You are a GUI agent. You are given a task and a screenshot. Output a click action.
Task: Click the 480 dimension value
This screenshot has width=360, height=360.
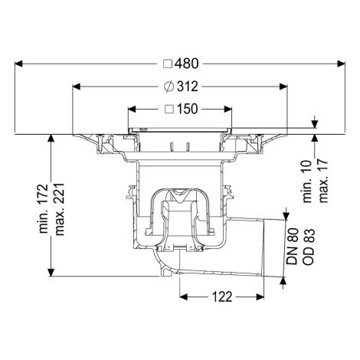[x=186, y=64]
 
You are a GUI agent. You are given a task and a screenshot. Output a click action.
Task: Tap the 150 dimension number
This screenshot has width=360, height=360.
[x=187, y=109]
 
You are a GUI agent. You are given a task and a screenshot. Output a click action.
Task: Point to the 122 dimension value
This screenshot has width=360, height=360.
[x=222, y=296]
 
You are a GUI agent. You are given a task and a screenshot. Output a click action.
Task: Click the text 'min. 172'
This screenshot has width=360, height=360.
[x=44, y=208]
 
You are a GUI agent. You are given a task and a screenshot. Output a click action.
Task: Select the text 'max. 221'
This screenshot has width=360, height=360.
[x=60, y=209]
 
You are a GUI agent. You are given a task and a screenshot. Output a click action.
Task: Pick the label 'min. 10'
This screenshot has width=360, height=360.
[x=307, y=182]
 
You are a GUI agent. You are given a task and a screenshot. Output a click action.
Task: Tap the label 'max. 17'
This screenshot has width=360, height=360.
[x=323, y=181]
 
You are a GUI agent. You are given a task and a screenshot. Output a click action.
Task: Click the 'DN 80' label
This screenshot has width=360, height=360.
[x=293, y=246]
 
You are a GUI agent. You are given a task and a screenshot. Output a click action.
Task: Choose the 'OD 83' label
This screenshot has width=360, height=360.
[x=309, y=247]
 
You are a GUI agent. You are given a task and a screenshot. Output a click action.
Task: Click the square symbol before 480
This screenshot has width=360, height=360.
[x=168, y=64]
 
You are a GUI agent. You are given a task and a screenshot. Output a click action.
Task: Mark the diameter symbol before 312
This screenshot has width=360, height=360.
[x=169, y=87]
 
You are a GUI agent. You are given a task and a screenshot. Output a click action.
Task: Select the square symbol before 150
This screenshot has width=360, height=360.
[x=169, y=110]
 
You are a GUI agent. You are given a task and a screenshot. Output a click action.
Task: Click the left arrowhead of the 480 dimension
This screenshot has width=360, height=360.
[x=18, y=64]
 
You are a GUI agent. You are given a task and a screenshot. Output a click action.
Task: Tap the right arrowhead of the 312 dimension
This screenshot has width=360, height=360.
[x=283, y=87]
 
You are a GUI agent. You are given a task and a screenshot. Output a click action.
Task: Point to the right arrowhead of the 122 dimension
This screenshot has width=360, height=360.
[x=260, y=297]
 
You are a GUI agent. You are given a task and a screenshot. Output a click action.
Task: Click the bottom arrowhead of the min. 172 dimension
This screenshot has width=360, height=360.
[x=51, y=273]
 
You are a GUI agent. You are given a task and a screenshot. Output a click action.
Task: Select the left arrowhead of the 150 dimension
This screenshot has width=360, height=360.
[x=132, y=110]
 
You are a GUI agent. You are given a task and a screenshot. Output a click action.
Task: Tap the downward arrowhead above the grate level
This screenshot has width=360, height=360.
[x=315, y=124]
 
